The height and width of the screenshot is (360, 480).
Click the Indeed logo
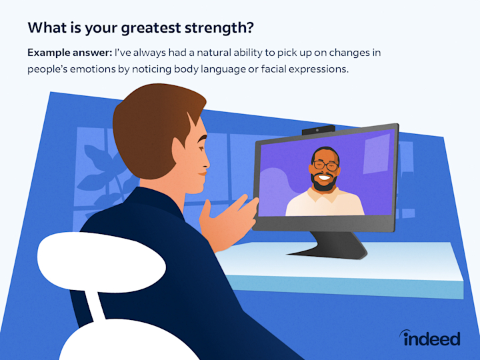430,337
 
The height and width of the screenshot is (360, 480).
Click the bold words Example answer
70,53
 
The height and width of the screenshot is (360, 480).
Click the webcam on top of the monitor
318,130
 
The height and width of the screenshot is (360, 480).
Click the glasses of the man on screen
326,165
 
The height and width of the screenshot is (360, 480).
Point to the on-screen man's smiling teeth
324,177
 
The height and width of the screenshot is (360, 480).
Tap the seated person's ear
179,153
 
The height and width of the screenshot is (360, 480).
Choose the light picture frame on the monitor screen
376,154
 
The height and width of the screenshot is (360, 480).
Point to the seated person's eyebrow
201,139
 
